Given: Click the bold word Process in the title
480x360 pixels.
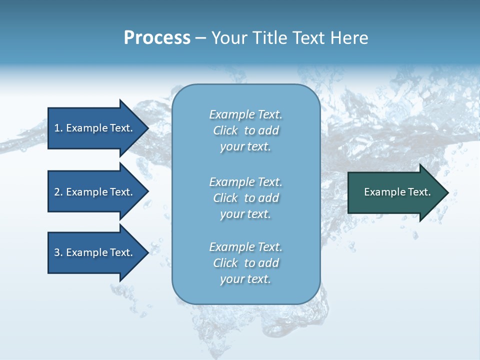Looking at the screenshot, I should point(157,37).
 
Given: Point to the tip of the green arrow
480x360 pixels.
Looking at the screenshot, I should point(447,192).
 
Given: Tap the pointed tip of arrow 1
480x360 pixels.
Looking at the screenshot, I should point(147,128).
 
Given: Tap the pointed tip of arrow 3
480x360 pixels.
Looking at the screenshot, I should point(147,252).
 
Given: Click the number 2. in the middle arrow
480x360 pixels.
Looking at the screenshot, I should point(58,192).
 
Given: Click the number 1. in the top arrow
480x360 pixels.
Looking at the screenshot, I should point(58,128).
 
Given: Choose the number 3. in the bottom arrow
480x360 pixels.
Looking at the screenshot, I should point(58,252).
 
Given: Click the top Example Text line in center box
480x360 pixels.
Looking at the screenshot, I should point(245,114).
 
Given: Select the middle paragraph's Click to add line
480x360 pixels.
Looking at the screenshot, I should point(245,198).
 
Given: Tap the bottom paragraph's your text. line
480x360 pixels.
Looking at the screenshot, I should point(245,279).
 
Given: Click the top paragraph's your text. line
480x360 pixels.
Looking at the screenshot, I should point(245,146).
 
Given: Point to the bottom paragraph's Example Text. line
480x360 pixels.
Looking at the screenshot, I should point(245,247).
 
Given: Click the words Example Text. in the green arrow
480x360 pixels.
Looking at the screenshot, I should point(397,192).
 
